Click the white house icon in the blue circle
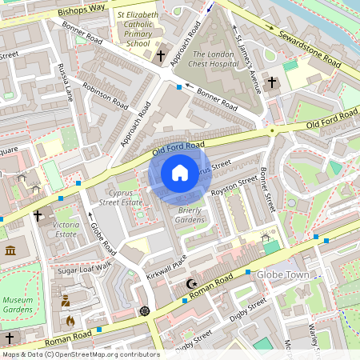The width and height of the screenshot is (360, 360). point(180,173)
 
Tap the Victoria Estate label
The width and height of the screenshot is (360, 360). point(66,230)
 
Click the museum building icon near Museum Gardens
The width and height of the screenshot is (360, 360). point(10,251)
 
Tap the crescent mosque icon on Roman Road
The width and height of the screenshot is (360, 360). point(190,283)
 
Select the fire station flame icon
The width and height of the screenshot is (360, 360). point(70,321)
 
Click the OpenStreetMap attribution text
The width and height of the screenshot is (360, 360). point(80,354)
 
